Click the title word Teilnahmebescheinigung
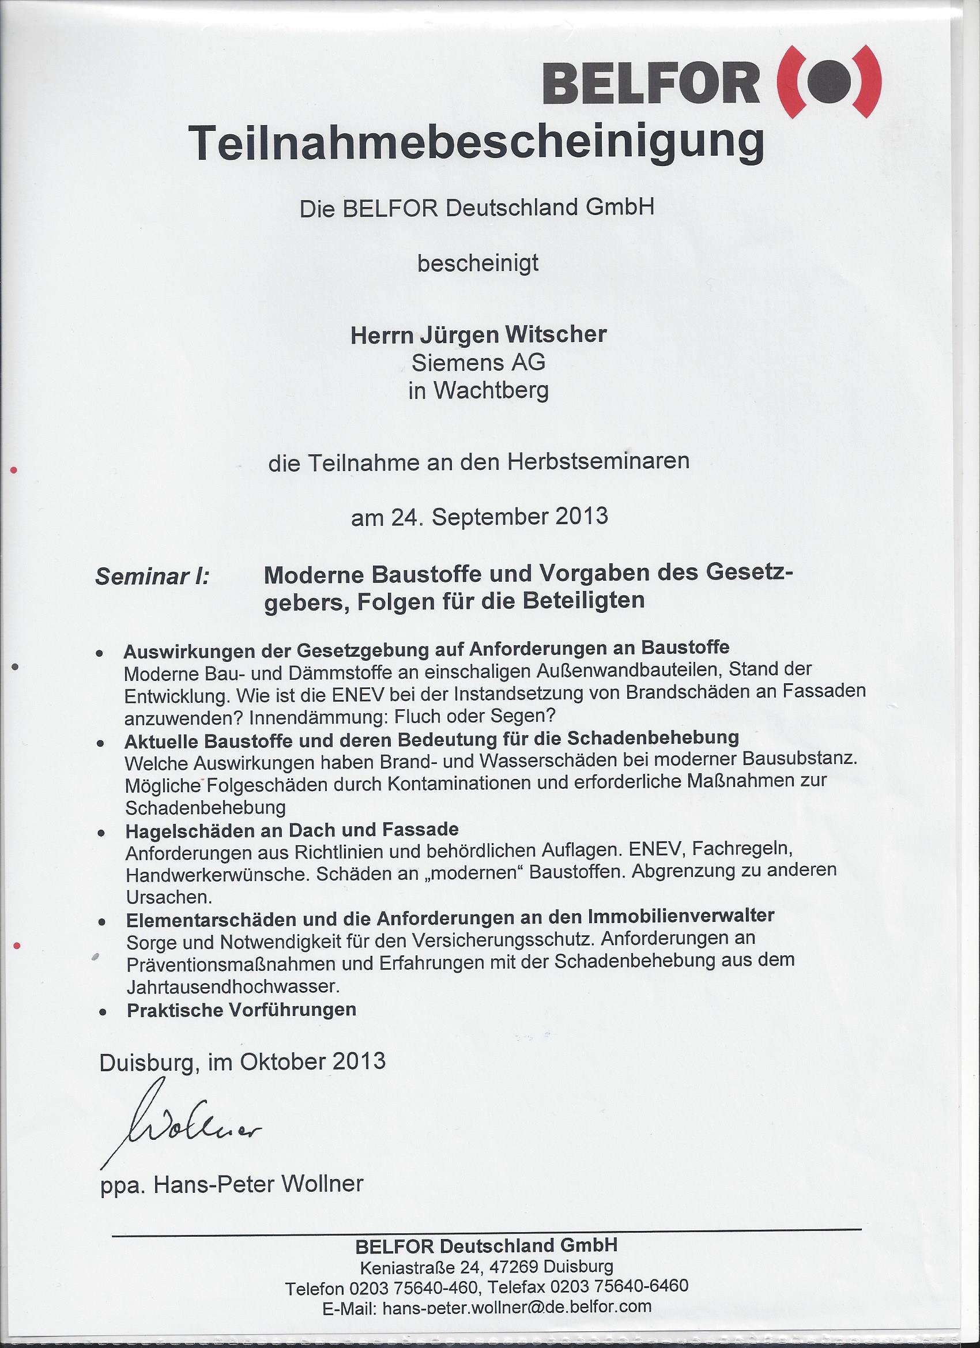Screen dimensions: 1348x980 pyautogui.click(x=476, y=143)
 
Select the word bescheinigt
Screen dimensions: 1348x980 pyautogui.click(x=478, y=263)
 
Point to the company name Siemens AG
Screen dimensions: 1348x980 pyautogui.click(x=478, y=362)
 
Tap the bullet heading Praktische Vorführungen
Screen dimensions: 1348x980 pyautogui.click(x=242, y=1010)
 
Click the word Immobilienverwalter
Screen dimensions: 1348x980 pyautogui.click(x=680, y=916)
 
